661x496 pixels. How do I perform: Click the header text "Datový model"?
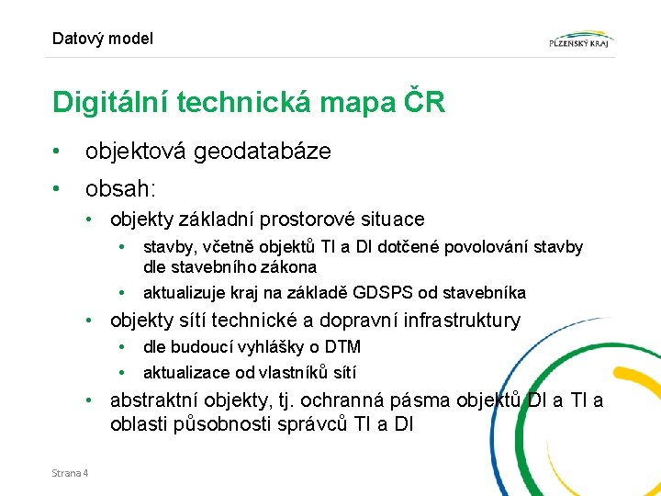click(x=103, y=39)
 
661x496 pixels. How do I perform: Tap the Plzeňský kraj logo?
click(x=580, y=39)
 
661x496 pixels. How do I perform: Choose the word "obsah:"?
click(x=121, y=189)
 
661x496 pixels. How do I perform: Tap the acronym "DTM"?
click(x=342, y=347)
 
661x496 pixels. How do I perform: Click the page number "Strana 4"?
click(x=71, y=473)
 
